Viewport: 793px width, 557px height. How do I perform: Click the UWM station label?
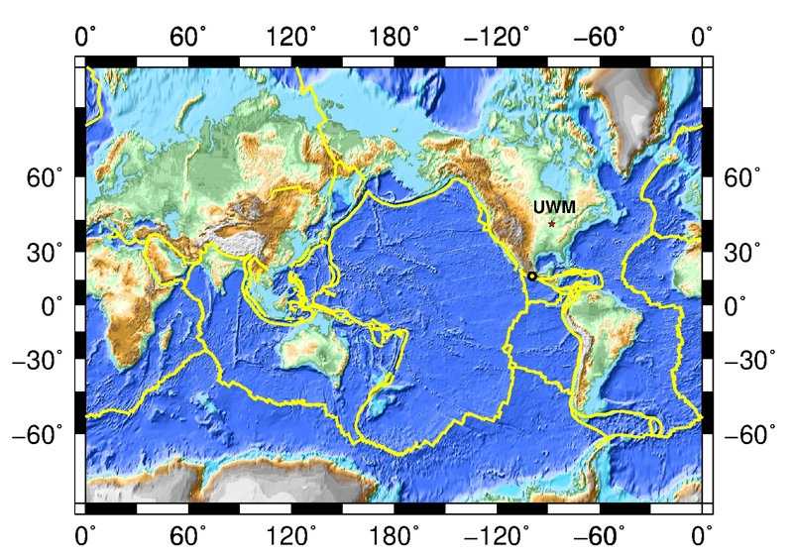pos(554,208)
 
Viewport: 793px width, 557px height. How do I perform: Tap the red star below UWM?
pos(552,224)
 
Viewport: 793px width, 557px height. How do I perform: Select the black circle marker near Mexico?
pos(532,276)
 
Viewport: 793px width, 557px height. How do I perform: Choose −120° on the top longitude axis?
pos(493,39)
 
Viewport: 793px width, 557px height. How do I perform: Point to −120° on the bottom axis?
pos(493,536)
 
